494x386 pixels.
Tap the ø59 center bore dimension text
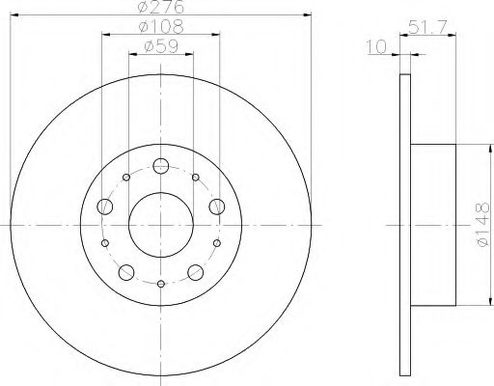click(x=160, y=45)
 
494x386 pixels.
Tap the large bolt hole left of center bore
click(x=104, y=205)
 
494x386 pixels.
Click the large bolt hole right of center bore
click(x=216, y=205)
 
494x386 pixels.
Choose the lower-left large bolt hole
click(x=126, y=270)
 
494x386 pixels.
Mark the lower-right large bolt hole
click(x=195, y=270)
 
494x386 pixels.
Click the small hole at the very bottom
click(x=160, y=283)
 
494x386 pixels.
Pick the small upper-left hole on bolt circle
click(x=126, y=178)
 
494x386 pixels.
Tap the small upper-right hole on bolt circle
click(x=195, y=178)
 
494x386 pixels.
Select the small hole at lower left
click(x=105, y=243)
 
